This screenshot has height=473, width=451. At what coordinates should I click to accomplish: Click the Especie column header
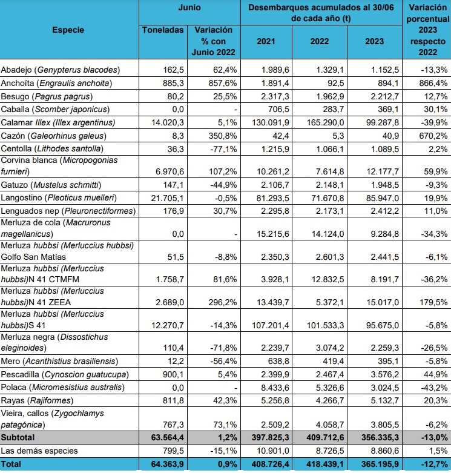pyautogui.click(x=68, y=29)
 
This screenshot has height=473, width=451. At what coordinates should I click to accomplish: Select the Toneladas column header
pyautogui.click(x=162, y=30)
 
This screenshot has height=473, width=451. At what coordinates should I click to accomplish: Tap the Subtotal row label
pyautogui.click(x=19, y=436)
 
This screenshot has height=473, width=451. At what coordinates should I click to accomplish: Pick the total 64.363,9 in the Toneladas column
pyautogui.click(x=164, y=464)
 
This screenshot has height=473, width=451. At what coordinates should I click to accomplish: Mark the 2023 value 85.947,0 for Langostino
pyautogui.click(x=380, y=197)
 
